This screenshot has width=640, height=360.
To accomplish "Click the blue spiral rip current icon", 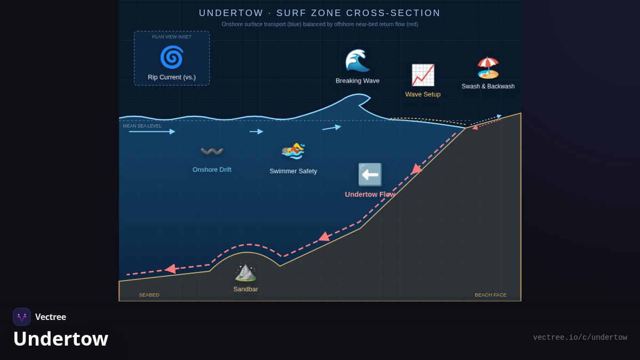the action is [x=172, y=57].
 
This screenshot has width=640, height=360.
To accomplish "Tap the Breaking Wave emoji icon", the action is [x=357, y=60].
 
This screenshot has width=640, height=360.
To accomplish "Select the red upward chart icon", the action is [x=423, y=75].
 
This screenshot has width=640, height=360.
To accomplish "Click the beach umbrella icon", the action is [x=488, y=68].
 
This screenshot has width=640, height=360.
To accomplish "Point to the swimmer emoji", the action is [x=293, y=151].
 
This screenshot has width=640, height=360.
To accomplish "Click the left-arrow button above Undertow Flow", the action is [x=370, y=174].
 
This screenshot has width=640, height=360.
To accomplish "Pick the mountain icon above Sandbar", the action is [x=245, y=273].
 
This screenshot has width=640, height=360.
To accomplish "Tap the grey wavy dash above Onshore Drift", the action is [x=212, y=150].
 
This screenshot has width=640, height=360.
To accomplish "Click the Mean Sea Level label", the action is [x=142, y=126].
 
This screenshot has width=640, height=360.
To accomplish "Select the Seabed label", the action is [x=149, y=295].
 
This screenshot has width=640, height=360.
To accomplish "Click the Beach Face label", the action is [x=491, y=295].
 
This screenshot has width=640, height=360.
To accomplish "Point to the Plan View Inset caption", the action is [x=172, y=37].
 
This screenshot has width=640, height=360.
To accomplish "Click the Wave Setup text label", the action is [x=423, y=94].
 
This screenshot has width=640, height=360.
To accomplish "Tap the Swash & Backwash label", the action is [x=488, y=86].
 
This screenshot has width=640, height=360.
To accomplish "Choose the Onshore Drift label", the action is [x=212, y=170].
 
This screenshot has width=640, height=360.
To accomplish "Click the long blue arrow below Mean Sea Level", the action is [x=152, y=131].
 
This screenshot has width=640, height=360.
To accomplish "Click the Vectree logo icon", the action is [x=22, y=317].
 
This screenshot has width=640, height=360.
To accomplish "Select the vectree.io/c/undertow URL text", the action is [x=580, y=338].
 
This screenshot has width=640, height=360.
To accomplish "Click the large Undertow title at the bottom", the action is [x=61, y=339].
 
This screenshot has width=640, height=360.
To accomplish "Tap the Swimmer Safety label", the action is [x=293, y=171].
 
